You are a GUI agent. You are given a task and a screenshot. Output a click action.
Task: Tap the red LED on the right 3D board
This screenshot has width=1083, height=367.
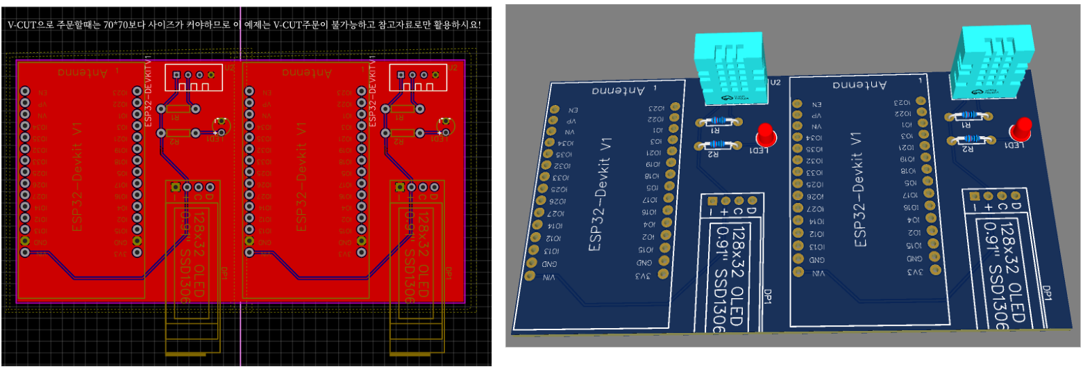pos(1021,128)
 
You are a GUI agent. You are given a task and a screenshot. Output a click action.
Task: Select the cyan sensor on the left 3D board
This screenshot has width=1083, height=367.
pos(730,69)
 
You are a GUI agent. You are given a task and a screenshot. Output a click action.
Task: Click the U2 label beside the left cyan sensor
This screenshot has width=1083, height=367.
pos(775,82)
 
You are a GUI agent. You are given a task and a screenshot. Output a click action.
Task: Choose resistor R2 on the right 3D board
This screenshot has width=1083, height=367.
pos(966,140)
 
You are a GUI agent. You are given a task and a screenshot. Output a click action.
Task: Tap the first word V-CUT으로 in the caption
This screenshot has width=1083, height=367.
pos(31,25)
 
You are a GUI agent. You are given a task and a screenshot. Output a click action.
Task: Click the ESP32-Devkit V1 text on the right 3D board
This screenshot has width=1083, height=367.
pos(860,190)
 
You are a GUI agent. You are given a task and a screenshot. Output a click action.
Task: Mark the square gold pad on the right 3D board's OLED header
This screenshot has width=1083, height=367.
pos(974,197)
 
